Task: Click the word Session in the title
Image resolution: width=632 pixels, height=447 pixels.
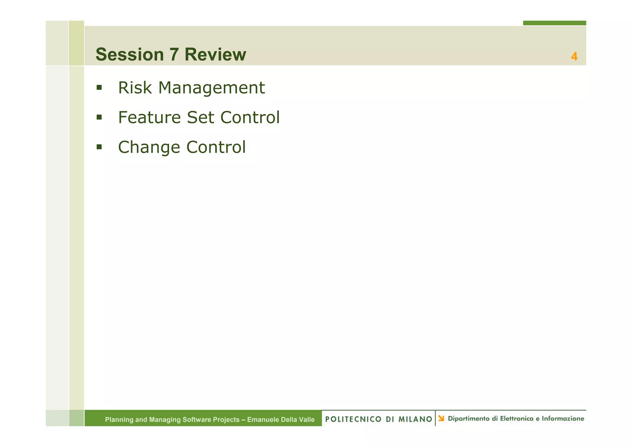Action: pyautogui.click(x=130, y=55)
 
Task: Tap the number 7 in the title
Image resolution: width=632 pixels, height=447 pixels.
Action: pyautogui.click(x=174, y=55)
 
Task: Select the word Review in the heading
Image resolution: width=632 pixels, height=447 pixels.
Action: pyautogui.click(x=215, y=55)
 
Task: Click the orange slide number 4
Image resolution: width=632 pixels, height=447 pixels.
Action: pyautogui.click(x=574, y=56)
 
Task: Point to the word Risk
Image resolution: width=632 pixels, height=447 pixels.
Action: pyautogui.click(x=135, y=88)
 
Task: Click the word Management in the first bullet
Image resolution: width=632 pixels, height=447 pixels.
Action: pyautogui.click(x=211, y=88)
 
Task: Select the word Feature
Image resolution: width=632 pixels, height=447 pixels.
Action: pyautogui.click(x=149, y=117)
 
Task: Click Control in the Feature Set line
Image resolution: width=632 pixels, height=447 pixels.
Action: pyautogui.click(x=250, y=117)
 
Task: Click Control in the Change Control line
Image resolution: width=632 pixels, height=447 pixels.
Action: pyautogui.click(x=216, y=147)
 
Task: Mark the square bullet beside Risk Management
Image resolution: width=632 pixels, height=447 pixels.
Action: pyautogui.click(x=99, y=88)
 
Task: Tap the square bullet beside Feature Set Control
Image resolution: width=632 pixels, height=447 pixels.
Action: pyautogui.click(x=99, y=117)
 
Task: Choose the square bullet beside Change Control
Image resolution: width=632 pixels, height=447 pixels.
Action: pyautogui.click(x=99, y=147)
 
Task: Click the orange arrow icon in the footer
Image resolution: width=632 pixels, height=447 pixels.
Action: pyautogui.click(x=441, y=418)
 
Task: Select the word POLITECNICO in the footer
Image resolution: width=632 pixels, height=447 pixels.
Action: pyautogui.click(x=353, y=419)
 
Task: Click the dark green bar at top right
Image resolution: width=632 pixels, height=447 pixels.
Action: pyautogui.click(x=554, y=23)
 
